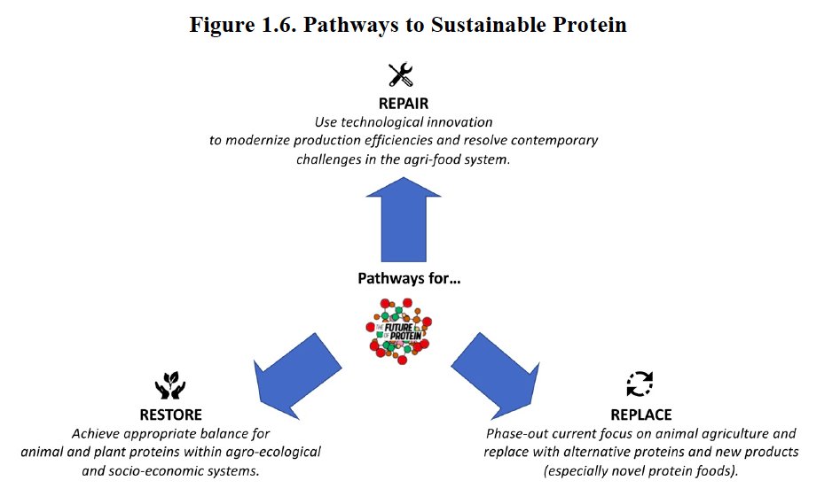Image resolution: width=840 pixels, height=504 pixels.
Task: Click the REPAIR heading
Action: click(x=404, y=104)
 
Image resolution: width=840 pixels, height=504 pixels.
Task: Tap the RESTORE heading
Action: click(x=171, y=415)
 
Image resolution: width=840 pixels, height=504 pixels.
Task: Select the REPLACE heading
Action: click(x=641, y=415)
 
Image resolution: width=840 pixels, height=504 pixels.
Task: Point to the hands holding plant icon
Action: click(x=169, y=386)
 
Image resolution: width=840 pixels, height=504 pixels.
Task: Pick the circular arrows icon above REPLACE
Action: click(x=640, y=384)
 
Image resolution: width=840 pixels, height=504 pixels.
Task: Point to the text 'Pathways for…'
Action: click(x=409, y=278)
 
